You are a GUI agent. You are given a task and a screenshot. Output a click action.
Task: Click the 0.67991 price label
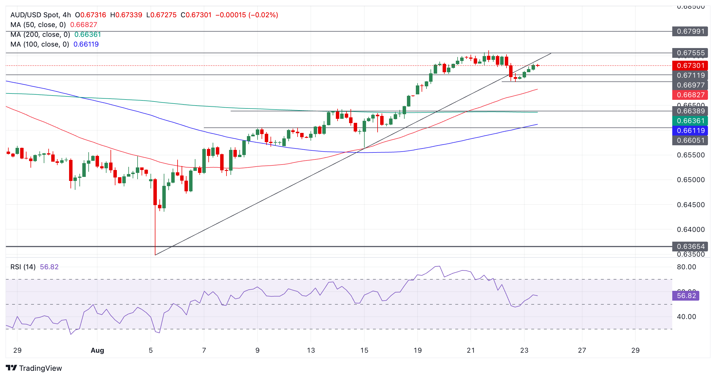[690, 31]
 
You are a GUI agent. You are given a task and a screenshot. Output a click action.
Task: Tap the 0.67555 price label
[690, 53]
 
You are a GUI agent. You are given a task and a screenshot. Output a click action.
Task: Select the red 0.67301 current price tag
[690, 66]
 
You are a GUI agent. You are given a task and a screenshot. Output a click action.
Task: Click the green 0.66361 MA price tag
[690, 121]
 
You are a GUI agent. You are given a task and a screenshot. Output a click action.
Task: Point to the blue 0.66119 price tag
[690, 131]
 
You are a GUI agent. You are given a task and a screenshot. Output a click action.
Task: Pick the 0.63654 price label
[690, 247]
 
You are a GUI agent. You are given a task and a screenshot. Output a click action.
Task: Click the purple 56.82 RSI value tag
[686, 296]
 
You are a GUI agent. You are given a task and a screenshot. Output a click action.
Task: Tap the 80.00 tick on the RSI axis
[686, 267]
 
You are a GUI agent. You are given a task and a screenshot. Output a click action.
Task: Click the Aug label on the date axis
[97, 350]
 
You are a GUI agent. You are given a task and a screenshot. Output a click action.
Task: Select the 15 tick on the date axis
[364, 350]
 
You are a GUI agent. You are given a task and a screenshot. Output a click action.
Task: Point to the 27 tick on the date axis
[582, 350]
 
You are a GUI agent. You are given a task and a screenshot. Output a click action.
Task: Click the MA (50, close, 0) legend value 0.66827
[83, 25]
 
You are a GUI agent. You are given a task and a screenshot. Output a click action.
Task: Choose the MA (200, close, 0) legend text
[40, 35]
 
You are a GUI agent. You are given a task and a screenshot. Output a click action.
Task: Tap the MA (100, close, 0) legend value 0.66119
[86, 44]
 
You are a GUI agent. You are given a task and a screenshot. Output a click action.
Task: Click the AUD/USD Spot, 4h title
[41, 15]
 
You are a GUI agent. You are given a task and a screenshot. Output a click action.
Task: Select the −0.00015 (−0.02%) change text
[247, 15]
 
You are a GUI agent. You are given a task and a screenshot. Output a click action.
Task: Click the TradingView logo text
[40, 368]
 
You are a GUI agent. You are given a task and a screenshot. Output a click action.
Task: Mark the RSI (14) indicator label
[23, 267]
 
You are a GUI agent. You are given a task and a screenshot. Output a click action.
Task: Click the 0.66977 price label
[690, 85]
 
